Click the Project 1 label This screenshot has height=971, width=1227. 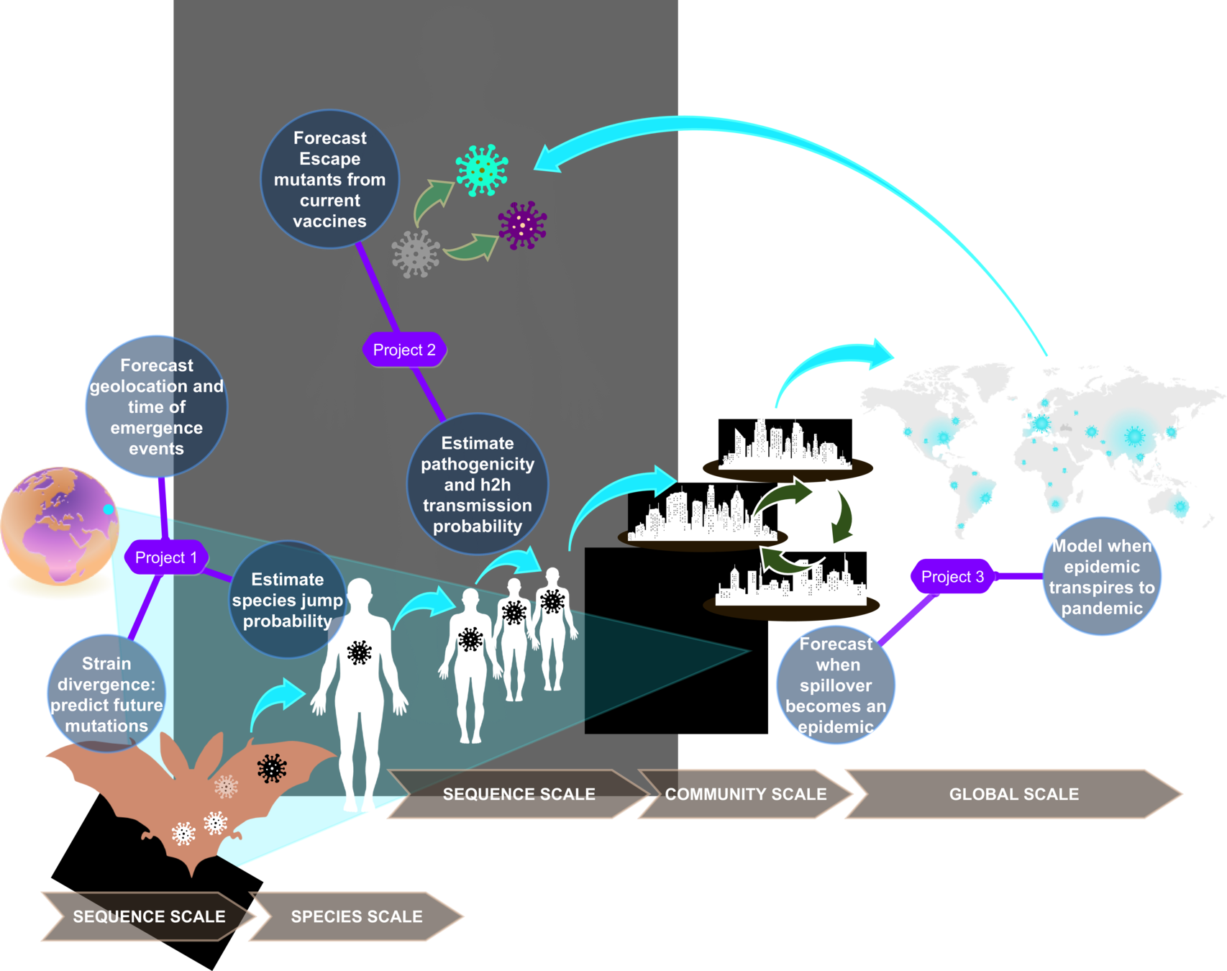coord(166,557)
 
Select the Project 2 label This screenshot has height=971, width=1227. coord(404,350)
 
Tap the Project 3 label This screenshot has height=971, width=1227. coord(952,577)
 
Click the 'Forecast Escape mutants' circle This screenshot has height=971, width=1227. coord(330,179)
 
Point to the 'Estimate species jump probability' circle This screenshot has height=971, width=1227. coord(288,600)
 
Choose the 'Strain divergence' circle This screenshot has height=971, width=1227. coord(106,694)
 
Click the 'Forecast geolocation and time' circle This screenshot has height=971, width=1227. coord(157,406)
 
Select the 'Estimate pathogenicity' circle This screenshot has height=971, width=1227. coord(478,484)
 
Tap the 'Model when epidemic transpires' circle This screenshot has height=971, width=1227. coord(1102,576)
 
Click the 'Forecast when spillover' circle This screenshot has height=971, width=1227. coord(836,685)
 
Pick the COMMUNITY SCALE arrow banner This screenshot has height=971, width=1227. coord(746,794)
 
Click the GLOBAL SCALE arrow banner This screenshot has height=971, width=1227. coord(1013,794)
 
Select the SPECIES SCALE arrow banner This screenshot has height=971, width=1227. coord(357,916)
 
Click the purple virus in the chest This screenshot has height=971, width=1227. coord(523,226)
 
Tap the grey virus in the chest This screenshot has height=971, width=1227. coord(416,254)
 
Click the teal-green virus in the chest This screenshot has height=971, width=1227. coord(482,170)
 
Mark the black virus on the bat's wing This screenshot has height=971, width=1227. coord(272,769)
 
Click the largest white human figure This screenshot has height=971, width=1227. coord(360,690)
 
